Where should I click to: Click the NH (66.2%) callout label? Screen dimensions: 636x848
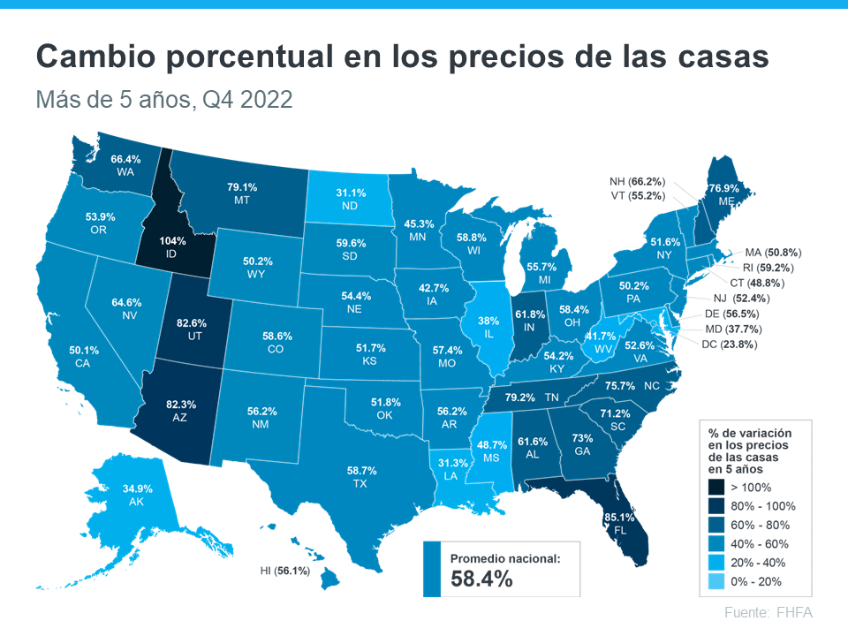click(637, 180)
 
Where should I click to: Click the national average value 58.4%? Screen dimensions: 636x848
click(481, 579)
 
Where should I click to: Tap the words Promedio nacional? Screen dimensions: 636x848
click(504, 558)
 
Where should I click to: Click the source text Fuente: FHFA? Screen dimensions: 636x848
click(768, 613)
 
